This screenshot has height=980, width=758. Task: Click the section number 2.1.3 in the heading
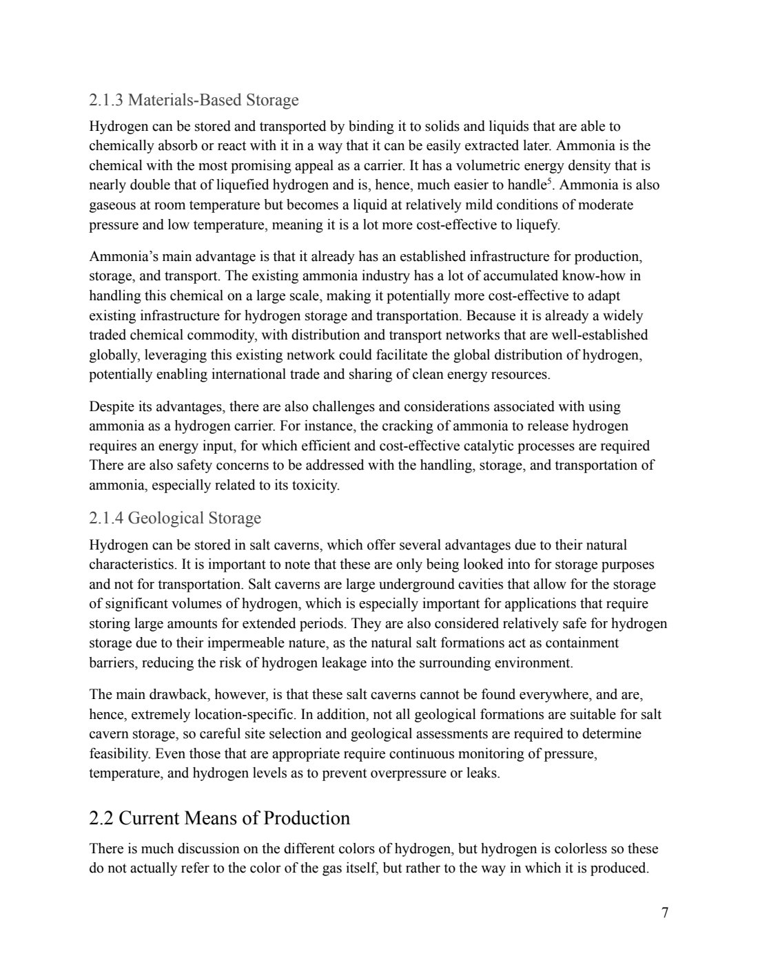[107, 101]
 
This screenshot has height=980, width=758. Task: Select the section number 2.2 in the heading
[102, 818]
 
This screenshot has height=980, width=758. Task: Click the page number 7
[664, 913]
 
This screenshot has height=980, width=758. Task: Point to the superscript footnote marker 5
[549, 182]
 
